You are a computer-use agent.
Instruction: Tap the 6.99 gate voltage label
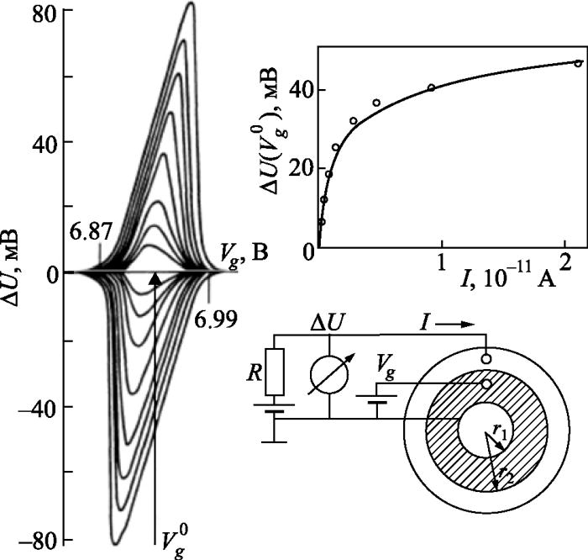213,319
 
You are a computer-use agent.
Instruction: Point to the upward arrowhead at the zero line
155,277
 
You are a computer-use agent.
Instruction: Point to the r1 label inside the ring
499,430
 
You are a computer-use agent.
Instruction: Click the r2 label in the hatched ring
503,475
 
